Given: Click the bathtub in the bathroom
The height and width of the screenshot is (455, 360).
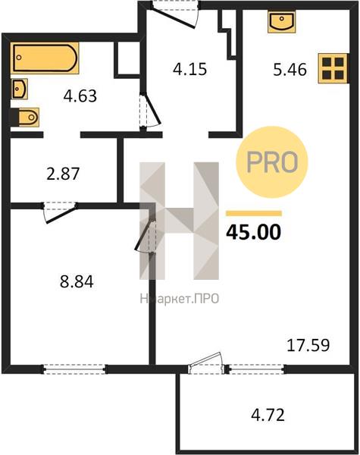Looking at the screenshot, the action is [x=45, y=58].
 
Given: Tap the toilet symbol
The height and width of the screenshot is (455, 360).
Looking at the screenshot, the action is [x=25, y=118].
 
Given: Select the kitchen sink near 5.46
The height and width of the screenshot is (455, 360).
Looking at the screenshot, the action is [x=282, y=21].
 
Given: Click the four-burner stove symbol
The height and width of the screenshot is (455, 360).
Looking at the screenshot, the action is [x=333, y=68].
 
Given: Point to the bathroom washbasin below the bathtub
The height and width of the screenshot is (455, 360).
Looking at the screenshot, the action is [x=20, y=89].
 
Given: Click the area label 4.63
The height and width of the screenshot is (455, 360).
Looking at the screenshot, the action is [x=80, y=96].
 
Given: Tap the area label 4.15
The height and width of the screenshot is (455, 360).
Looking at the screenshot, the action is [x=189, y=69].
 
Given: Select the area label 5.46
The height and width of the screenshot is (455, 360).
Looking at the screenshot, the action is [x=290, y=70].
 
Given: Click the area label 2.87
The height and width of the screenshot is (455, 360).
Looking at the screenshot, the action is [x=63, y=174].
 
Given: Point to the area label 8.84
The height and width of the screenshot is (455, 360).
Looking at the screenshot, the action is [x=77, y=281].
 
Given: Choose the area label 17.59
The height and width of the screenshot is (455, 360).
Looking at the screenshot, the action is [x=308, y=345].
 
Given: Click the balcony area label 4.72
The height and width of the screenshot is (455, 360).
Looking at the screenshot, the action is [x=268, y=415].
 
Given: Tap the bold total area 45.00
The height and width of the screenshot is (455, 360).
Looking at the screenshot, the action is [x=254, y=232].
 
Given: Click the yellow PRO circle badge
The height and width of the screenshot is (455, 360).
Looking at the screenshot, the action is [x=272, y=162].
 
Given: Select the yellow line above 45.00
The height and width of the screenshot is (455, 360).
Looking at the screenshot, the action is [x=254, y=214].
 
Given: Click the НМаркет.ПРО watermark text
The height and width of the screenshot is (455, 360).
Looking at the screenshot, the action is [x=180, y=299].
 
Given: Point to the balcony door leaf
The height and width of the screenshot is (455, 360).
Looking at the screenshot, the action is [x=205, y=359].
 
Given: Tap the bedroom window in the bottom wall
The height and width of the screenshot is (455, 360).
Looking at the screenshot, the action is [x=75, y=369].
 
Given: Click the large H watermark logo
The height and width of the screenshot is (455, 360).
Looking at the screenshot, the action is [x=180, y=221].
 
